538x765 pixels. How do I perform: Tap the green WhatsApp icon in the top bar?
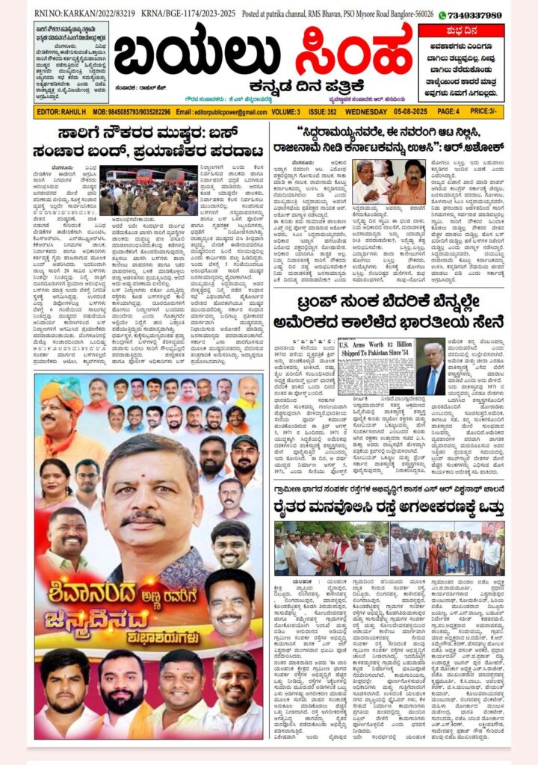pyautogui.click(x=442, y=15)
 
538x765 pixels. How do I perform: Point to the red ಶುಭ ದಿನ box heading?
pyautogui.click(x=461, y=31)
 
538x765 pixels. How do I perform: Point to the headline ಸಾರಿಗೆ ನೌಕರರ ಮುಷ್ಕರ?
pyautogui.click(x=149, y=142)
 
